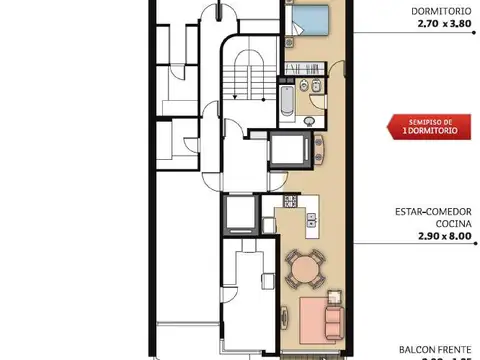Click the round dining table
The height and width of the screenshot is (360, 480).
[x=304, y=269]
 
